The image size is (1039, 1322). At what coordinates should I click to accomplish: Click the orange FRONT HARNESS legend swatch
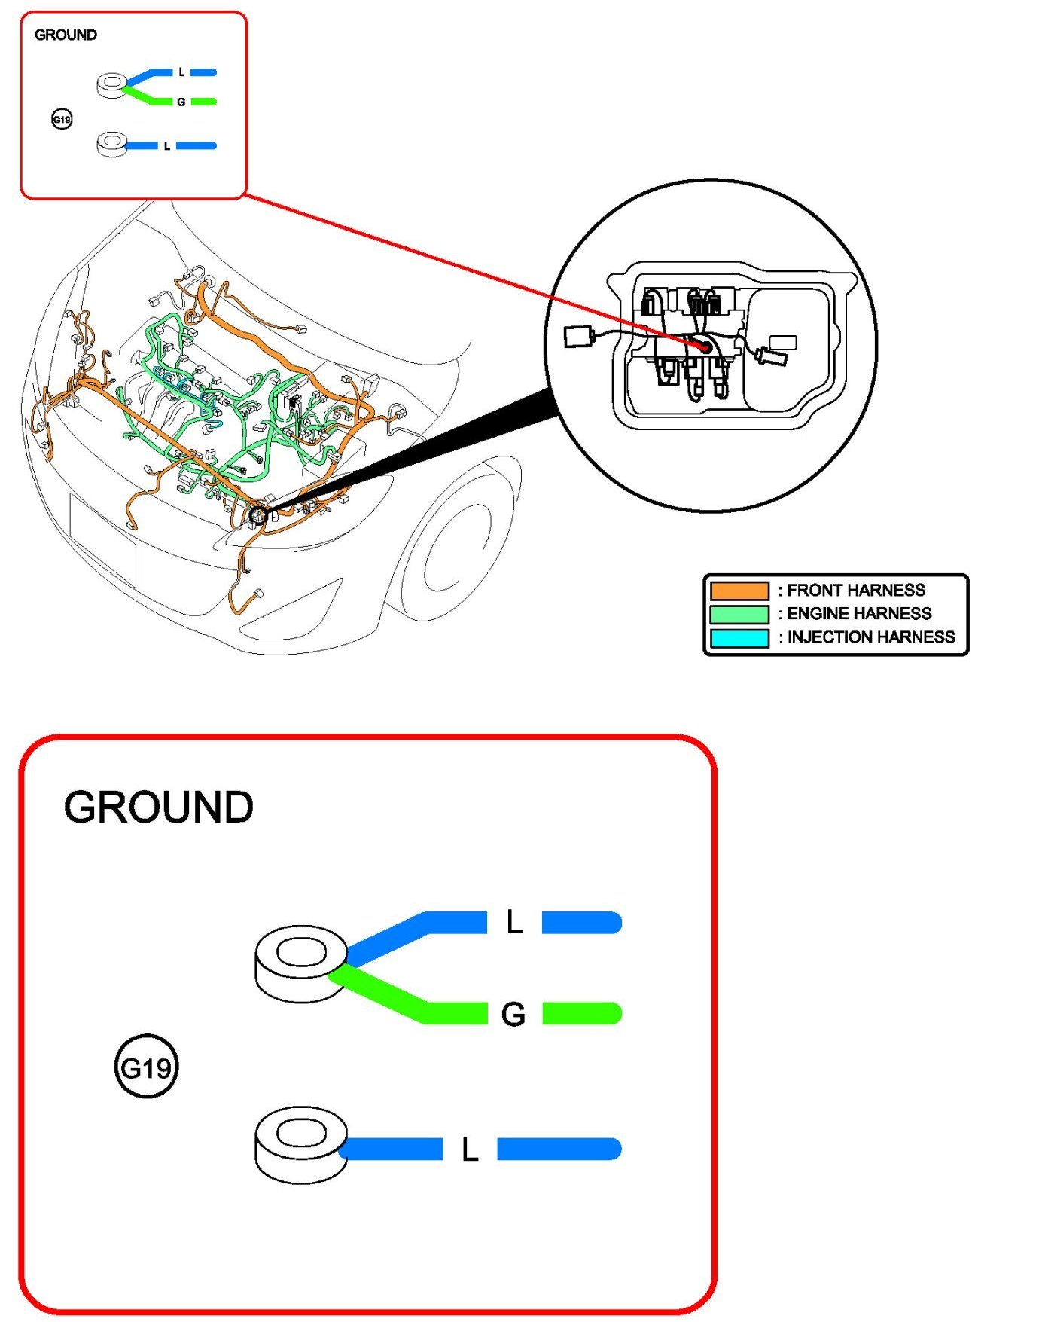[739, 591]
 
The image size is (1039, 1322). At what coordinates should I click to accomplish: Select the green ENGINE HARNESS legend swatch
[739, 614]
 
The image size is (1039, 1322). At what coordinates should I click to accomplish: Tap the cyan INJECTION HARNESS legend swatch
[739, 638]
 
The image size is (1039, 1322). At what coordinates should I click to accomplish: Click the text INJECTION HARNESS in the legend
[871, 637]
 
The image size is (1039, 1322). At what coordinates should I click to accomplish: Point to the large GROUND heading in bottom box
[159, 808]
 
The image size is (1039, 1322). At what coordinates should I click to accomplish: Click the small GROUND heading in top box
[66, 35]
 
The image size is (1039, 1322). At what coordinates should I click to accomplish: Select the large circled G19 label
[146, 1067]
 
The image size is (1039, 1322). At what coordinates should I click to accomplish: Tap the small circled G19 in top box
[62, 119]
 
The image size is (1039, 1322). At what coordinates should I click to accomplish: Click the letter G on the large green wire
[513, 1015]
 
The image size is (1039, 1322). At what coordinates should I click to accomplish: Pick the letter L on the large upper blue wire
[514, 922]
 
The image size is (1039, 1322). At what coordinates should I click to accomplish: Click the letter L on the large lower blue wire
[470, 1149]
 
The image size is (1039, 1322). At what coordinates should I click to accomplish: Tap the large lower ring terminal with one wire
[301, 1143]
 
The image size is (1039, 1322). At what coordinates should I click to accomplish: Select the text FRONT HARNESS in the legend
[856, 590]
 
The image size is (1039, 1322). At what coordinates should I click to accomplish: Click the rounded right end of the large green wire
[611, 1014]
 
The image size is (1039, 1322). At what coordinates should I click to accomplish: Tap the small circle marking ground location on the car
[257, 516]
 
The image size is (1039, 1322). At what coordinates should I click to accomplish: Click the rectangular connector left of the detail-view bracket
[577, 336]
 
